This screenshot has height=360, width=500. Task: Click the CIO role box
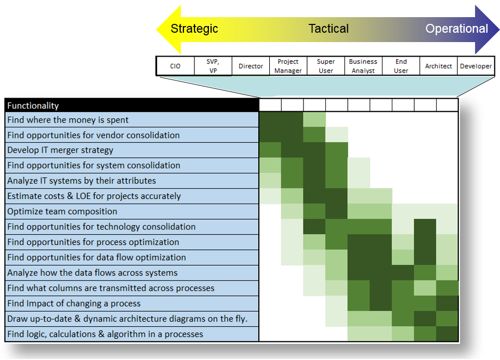(x=175, y=66)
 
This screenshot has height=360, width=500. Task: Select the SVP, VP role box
(x=213, y=66)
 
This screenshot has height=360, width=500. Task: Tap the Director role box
(x=251, y=66)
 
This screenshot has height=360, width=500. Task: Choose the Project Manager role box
(x=288, y=66)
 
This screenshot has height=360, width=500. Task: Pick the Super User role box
(x=326, y=66)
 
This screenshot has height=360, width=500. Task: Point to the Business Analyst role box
(x=363, y=66)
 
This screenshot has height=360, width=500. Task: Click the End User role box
(x=401, y=66)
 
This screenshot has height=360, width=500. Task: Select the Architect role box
(x=439, y=66)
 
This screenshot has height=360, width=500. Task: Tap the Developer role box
(x=476, y=66)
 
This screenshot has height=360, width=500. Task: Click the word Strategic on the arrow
(x=194, y=29)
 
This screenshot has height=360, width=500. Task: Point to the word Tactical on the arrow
(x=328, y=29)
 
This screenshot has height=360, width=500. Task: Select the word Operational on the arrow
(x=457, y=29)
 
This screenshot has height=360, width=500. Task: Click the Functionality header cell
(x=131, y=105)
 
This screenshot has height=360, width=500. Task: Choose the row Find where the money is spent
(x=131, y=120)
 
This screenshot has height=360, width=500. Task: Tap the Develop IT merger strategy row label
(x=131, y=150)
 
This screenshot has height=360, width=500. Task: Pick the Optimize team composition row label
(x=131, y=211)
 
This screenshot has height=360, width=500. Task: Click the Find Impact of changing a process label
(x=131, y=303)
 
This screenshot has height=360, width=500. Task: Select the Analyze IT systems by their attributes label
(x=131, y=181)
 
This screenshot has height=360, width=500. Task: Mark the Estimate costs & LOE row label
(x=131, y=196)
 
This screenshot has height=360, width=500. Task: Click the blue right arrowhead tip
(x=499, y=29)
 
